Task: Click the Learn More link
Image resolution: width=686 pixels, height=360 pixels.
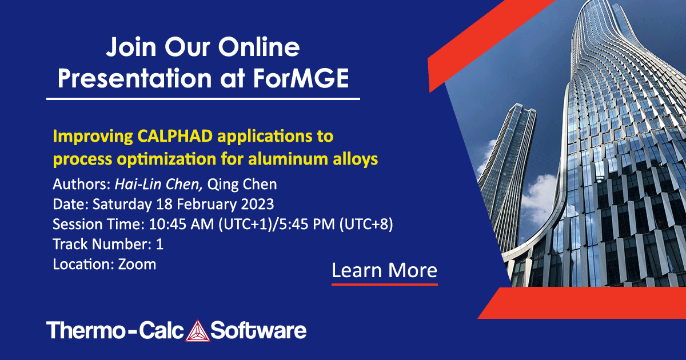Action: (384, 270)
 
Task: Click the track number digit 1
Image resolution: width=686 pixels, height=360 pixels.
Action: (159, 245)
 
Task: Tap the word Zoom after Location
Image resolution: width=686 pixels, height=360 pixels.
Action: (137, 265)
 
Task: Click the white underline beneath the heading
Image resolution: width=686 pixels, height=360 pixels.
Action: (203, 99)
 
